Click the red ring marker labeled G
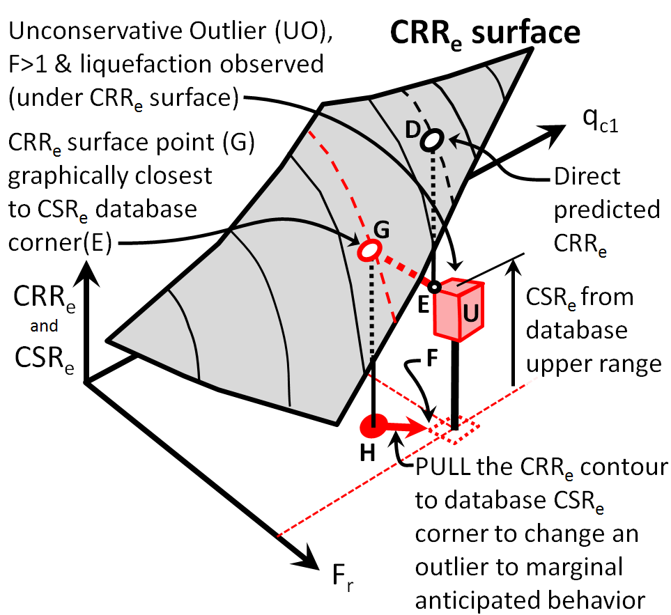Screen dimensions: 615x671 click(371, 249)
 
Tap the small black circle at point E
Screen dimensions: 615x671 click(434, 287)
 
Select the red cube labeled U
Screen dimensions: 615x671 click(456, 308)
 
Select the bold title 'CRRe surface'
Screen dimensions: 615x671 click(485, 31)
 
